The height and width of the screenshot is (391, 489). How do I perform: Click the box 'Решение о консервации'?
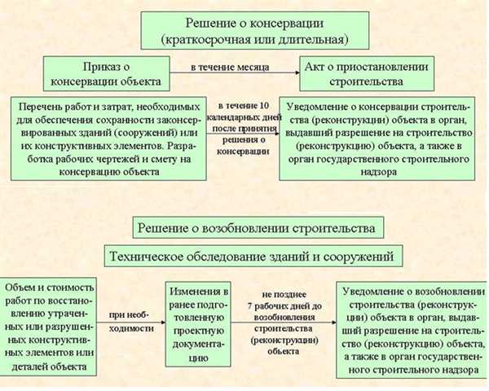click(x=255, y=31)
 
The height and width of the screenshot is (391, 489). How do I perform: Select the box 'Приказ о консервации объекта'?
click(x=106, y=73)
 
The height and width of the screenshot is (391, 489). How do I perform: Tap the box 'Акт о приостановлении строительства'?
click(x=367, y=73)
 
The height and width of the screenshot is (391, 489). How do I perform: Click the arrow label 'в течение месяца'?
click(x=230, y=68)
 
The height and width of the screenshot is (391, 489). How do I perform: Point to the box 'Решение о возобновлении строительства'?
click(x=258, y=227)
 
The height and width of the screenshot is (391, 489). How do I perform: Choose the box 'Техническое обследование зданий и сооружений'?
click(x=253, y=256)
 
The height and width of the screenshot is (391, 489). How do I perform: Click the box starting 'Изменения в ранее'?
click(x=198, y=324)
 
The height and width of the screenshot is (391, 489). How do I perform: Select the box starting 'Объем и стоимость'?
click(x=48, y=327)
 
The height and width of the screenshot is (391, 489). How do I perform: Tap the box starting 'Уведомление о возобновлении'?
click(x=412, y=330)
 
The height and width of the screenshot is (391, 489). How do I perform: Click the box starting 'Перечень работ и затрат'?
click(x=108, y=138)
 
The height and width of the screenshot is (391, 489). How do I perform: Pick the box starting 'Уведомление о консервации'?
click(x=377, y=138)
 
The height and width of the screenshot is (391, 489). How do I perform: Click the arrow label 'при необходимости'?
click(x=131, y=322)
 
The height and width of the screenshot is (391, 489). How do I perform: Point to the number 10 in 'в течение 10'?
click(x=263, y=106)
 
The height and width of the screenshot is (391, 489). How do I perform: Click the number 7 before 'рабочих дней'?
click(x=250, y=306)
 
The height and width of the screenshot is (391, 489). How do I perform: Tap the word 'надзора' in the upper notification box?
click(x=379, y=172)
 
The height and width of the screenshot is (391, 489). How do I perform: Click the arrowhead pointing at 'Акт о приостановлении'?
click(x=297, y=73)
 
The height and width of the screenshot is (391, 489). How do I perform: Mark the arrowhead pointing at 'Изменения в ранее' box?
click(x=163, y=323)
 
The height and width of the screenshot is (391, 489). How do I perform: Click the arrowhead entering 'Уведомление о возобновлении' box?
click(x=334, y=323)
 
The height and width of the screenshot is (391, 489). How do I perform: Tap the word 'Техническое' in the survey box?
click(x=146, y=257)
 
